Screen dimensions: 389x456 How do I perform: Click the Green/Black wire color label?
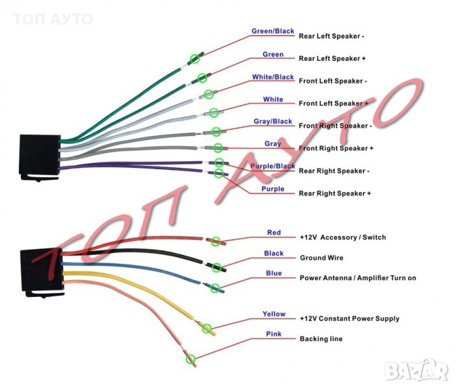click(x=273, y=31)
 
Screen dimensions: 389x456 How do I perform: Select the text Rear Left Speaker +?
click(x=332, y=58)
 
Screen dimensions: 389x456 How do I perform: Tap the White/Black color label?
click(x=273, y=77)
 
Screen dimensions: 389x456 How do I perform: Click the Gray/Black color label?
click(x=273, y=121)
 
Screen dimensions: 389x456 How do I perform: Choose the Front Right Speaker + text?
click(x=336, y=148)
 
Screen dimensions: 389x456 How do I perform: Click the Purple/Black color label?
click(x=273, y=167)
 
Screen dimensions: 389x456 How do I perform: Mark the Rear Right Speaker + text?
click(x=335, y=193)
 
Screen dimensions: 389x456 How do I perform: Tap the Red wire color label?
click(x=274, y=232)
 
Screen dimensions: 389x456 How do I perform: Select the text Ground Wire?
click(x=321, y=257)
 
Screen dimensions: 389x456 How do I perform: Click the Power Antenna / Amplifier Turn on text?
click(x=358, y=277)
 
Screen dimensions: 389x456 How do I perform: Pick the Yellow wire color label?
click(x=274, y=314)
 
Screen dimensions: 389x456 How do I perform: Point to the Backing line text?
click(x=321, y=338)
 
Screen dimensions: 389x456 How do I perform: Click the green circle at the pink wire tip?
click(x=190, y=358)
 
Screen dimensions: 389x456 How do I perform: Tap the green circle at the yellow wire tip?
click(x=208, y=329)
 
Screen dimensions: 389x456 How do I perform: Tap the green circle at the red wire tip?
click(x=216, y=241)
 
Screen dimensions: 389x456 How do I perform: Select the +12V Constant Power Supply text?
click(x=349, y=318)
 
